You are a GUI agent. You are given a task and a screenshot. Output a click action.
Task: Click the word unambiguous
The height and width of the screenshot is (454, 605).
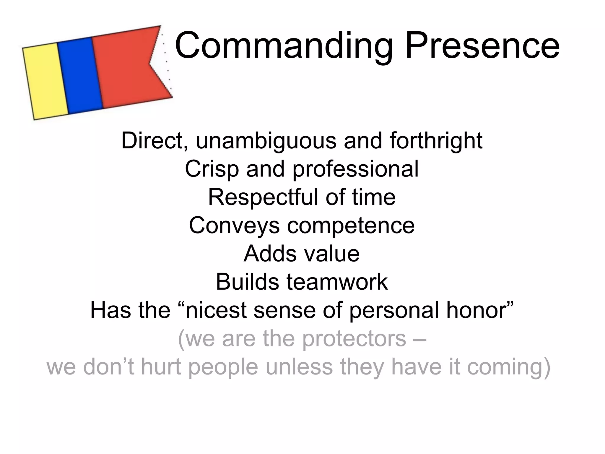[x=266, y=141]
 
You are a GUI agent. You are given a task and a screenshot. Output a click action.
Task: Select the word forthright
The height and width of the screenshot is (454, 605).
[x=436, y=141]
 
